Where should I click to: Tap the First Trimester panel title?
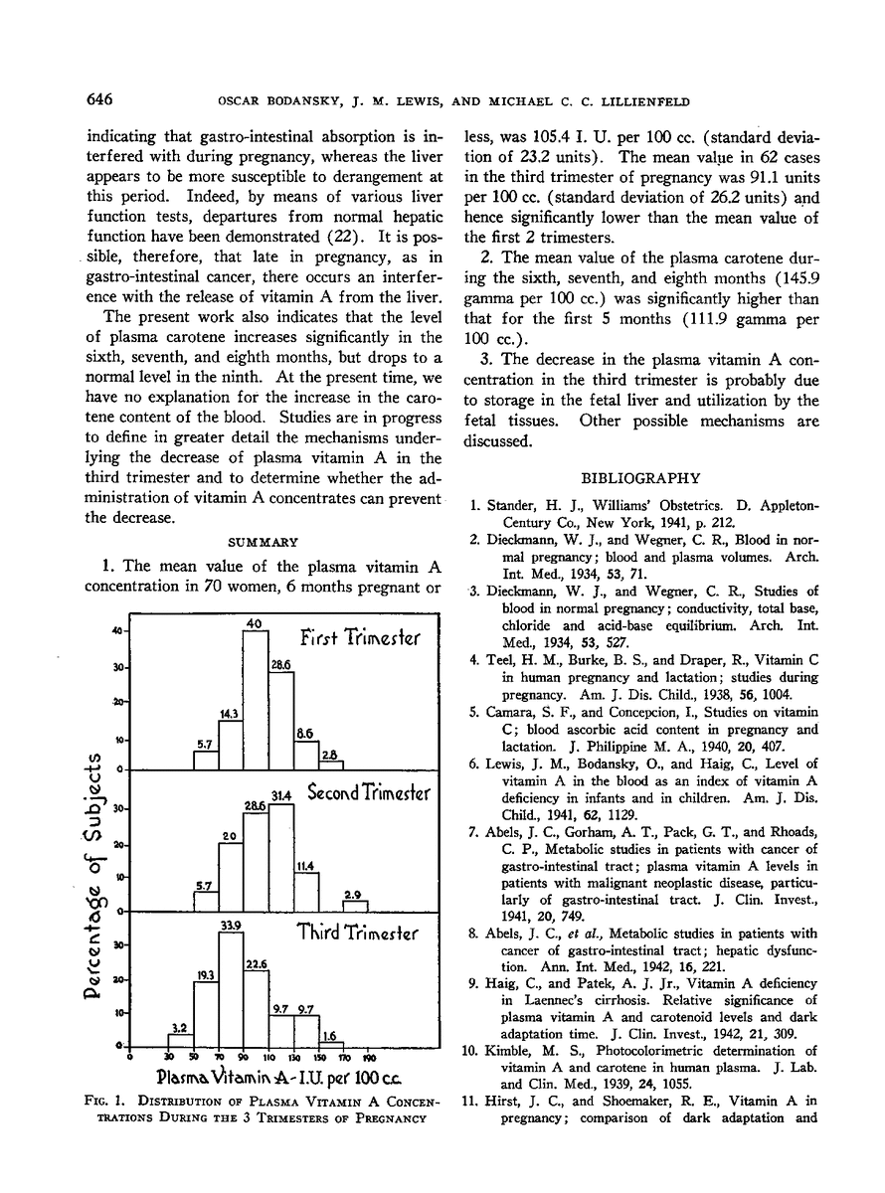[x=360, y=637]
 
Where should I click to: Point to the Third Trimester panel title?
[x=359, y=934]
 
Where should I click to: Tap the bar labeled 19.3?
[x=206, y=1014]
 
